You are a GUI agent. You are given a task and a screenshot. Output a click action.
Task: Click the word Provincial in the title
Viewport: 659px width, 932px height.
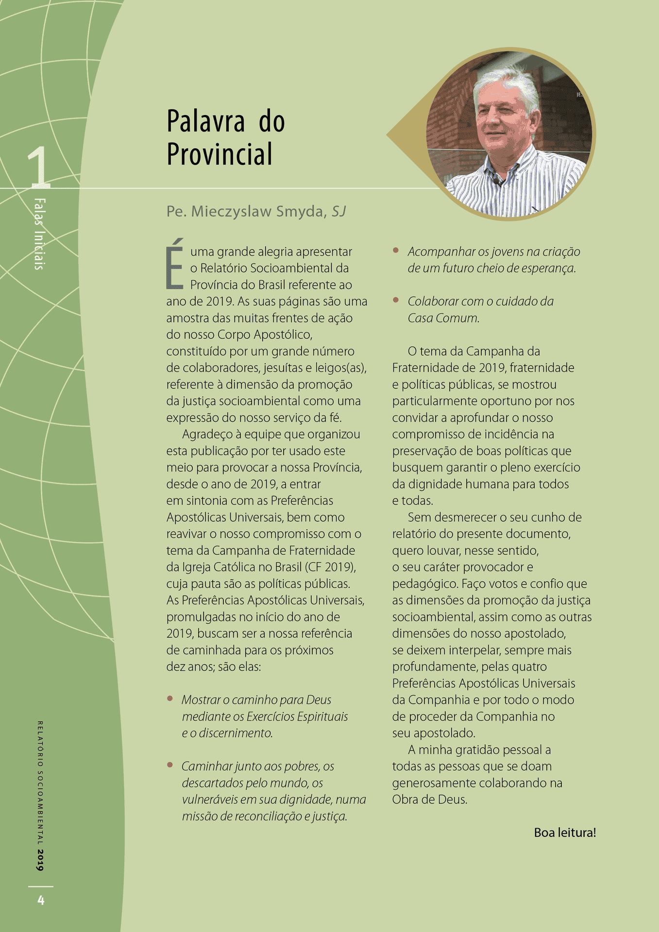click(x=220, y=154)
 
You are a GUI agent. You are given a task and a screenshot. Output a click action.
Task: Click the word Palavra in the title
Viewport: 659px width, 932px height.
click(x=205, y=121)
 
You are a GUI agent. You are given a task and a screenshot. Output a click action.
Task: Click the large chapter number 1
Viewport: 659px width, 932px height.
click(x=38, y=167)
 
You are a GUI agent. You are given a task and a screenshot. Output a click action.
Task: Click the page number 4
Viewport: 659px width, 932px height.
click(x=41, y=900)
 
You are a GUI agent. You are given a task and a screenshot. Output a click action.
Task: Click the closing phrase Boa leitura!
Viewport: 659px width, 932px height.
click(x=565, y=832)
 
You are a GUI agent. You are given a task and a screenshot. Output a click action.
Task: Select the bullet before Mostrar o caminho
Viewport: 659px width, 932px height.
click(x=170, y=699)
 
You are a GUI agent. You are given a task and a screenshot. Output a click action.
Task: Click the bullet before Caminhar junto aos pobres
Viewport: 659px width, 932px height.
click(x=170, y=765)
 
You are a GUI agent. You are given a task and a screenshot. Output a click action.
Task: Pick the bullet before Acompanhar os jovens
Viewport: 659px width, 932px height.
click(x=396, y=250)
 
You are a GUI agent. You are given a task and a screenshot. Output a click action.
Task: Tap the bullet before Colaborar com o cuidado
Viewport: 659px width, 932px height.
click(x=396, y=300)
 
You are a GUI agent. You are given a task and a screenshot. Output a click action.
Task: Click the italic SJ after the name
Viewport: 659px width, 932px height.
click(x=339, y=212)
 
